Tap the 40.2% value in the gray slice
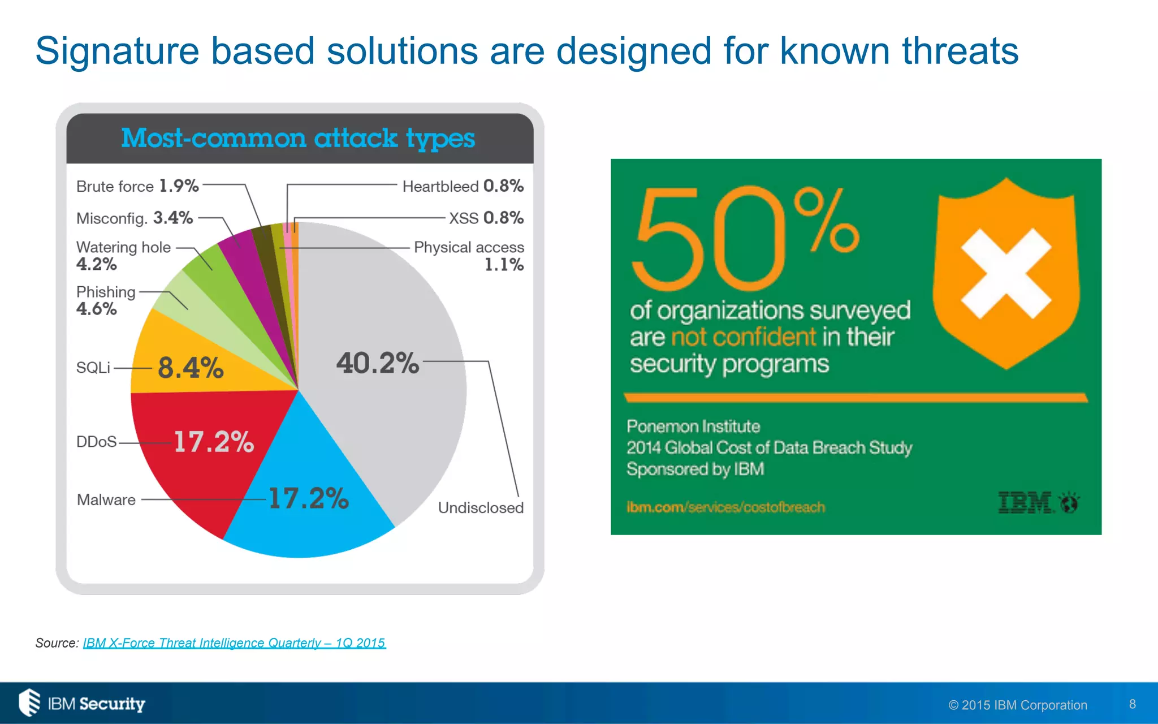[x=378, y=363]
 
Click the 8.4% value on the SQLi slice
[x=191, y=368]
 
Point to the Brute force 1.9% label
[x=137, y=186]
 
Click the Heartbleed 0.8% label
[x=463, y=186]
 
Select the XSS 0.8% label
[x=486, y=218]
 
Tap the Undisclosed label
[x=481, y=507]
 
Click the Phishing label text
[x=106, y=292]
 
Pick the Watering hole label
[x=123, y=247]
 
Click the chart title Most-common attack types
[x=298, y=139]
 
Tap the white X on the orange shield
[x=1006, y=274]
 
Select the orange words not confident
[x=743, y=337]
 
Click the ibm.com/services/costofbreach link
[x=725, y=507]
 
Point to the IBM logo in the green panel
[x=1038, y=502]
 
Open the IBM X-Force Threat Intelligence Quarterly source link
[x=234, y=643]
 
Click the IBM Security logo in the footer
[x=82, y=703]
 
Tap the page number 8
[x=1132, y=704]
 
